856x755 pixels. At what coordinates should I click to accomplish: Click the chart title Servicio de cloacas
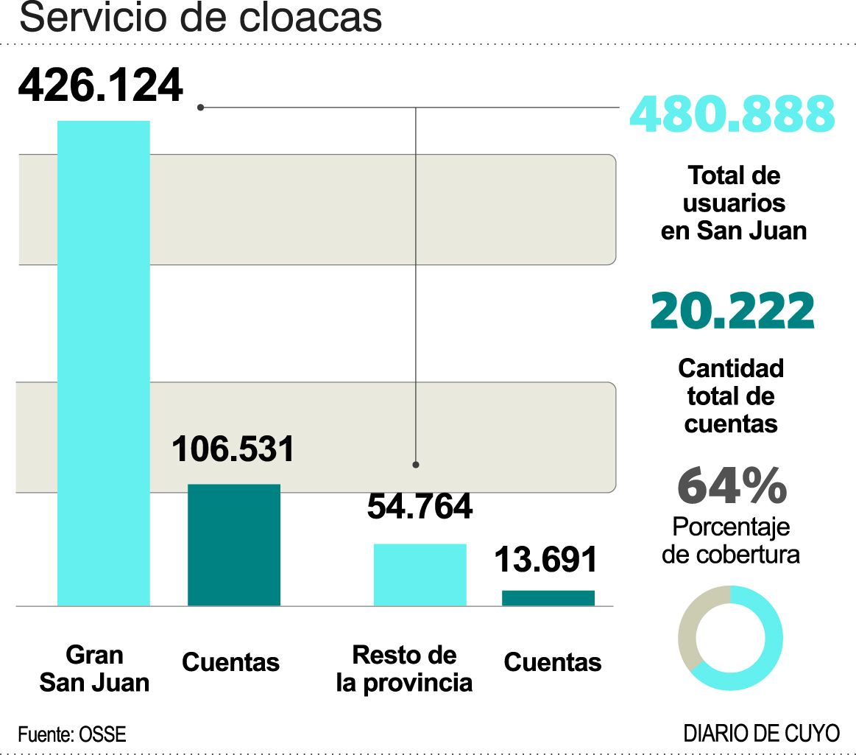pos(200,18)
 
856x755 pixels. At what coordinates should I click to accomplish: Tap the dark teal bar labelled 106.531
pos(233,544)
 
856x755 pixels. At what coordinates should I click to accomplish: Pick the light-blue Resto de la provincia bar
pos(420,575)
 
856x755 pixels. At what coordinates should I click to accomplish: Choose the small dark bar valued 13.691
pos(548,597)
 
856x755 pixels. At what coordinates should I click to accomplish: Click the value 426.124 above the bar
pos(100,86)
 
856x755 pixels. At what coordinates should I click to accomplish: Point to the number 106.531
pos(233,449)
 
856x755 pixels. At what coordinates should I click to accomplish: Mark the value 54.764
pos(419,507)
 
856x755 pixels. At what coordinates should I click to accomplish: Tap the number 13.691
pos(545,560)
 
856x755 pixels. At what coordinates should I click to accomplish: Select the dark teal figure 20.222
pos(732,312)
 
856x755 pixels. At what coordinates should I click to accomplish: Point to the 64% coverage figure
pos(732,486)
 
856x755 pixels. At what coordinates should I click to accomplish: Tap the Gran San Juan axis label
pos(94,668)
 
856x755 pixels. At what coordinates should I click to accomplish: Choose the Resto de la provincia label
pos(404,668)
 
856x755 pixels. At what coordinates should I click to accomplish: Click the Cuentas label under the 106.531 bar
pos(230,662)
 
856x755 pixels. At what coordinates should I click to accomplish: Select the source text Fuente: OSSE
pos(72,734)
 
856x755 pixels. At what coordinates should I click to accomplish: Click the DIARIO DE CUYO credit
pos(761,734)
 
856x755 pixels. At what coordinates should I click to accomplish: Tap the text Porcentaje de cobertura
pos(730,540)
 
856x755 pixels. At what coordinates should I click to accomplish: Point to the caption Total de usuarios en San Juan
pos(733,203)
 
